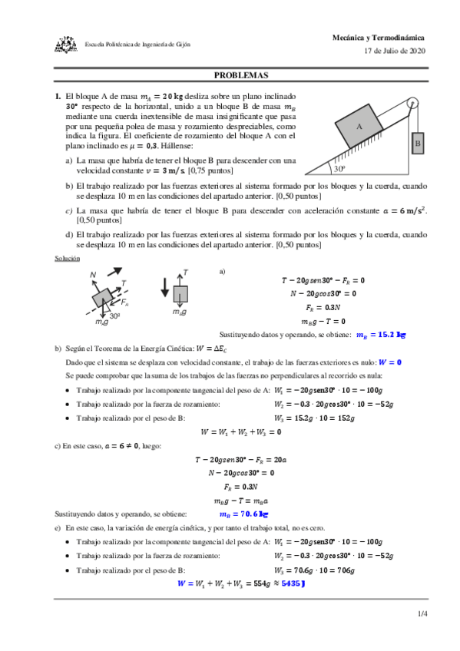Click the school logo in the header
(x=65, y=45)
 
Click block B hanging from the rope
(x=418, y=142)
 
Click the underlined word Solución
(x=67, y=258)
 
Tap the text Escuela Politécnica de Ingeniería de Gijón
(x=137, y=45)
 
